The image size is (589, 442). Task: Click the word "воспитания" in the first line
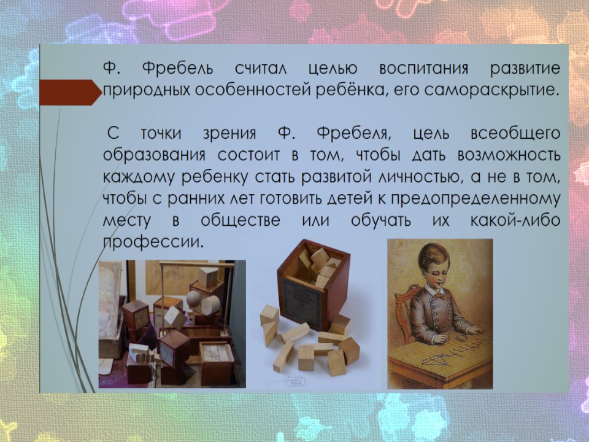click(x=423, y=69)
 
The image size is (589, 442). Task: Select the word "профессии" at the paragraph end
click(x=153, y=242)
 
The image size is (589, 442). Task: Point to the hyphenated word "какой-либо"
click(x=515, y=220)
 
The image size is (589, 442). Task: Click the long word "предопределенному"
click(x=475, y=199)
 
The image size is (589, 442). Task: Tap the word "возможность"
click(x=509, y=155)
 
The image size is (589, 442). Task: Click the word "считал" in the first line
click(x=261, y=69)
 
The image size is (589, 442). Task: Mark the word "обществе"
click(x=241, y=220)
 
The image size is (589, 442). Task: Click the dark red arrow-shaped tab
click(x=70, y=92)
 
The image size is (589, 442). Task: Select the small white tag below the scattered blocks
click(x=296, y=381)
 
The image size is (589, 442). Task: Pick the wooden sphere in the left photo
click(x=194, y=299)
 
